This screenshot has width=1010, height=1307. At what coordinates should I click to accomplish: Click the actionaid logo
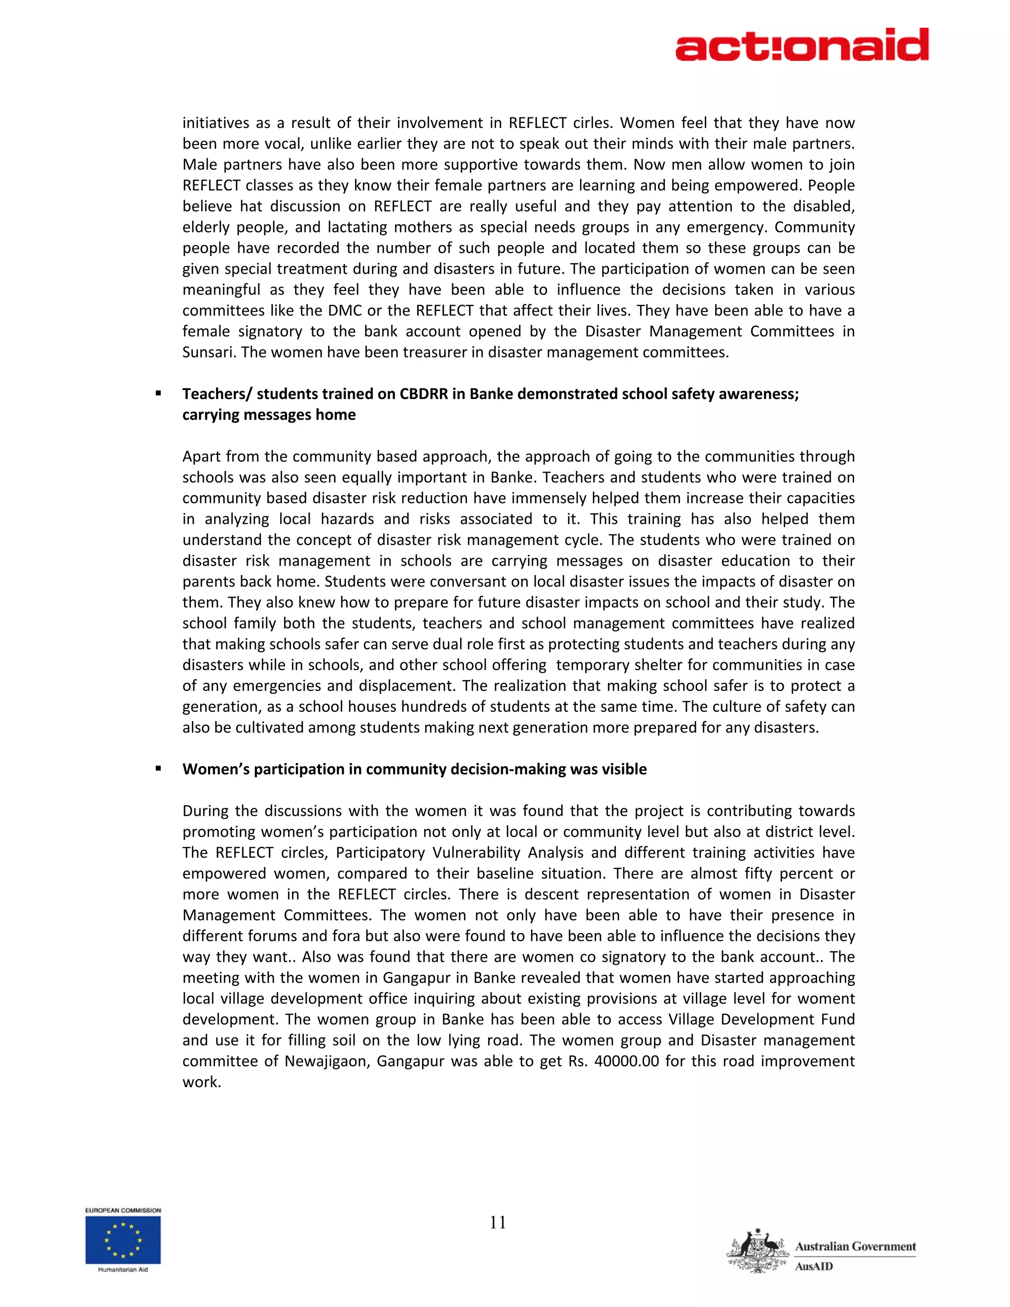[802, 45]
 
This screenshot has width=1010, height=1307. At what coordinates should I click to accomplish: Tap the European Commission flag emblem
[123, 1240]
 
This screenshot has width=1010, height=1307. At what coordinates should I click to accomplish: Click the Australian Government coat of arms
[757, 1251]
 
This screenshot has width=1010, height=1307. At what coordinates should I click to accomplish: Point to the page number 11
[498, 1223]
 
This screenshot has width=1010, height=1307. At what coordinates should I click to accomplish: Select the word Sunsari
[210, 353]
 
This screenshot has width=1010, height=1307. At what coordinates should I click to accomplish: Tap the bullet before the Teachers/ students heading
[159, 394]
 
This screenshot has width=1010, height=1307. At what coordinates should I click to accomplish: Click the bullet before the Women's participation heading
[159, 769]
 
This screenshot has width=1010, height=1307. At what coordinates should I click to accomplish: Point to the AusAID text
[814, 1266]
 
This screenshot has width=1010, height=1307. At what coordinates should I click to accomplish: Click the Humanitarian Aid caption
[123, 1270]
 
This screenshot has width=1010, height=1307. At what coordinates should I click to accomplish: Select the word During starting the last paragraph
[206, 811]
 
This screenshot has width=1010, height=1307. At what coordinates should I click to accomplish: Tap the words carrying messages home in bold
[269, 415]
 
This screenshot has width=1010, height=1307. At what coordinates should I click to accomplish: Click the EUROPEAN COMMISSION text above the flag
[123, 1210]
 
